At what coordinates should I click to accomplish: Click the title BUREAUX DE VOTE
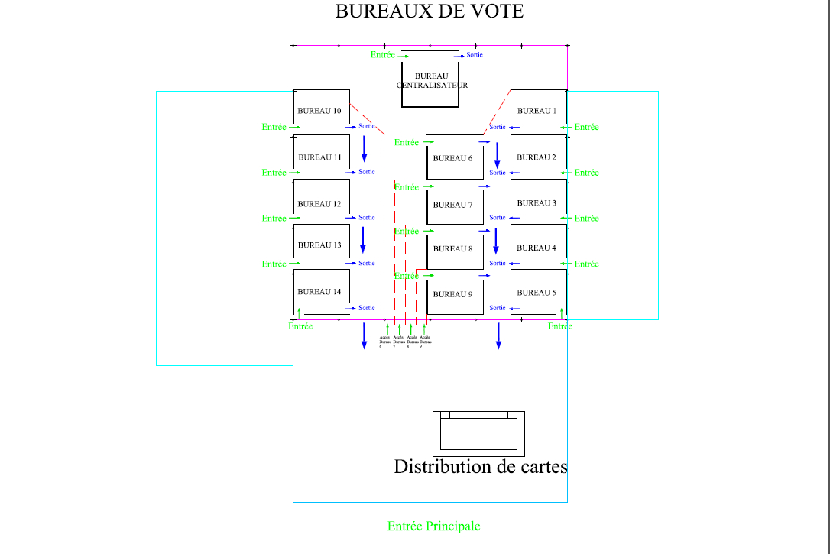point(430,11)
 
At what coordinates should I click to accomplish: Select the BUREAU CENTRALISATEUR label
point(432,81)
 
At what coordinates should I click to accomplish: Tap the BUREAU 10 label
point(319,111)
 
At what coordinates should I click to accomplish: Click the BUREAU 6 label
point(452,158)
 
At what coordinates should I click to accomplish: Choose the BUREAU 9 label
point(452,294)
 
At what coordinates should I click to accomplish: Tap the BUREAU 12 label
point(319,204)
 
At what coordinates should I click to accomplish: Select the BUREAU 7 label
point(452,205)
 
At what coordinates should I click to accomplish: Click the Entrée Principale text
point(434,526)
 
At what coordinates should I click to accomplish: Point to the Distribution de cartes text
point(481,466)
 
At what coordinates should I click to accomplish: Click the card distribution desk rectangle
point(478,433)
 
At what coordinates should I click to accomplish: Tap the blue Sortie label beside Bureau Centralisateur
point(475,55)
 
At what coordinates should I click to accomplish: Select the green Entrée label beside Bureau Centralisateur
point(383,55)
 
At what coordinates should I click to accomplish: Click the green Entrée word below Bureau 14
point(301,326)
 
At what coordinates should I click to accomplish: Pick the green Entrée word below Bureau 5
point(560,326)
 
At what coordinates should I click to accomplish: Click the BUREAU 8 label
point(452,249)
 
